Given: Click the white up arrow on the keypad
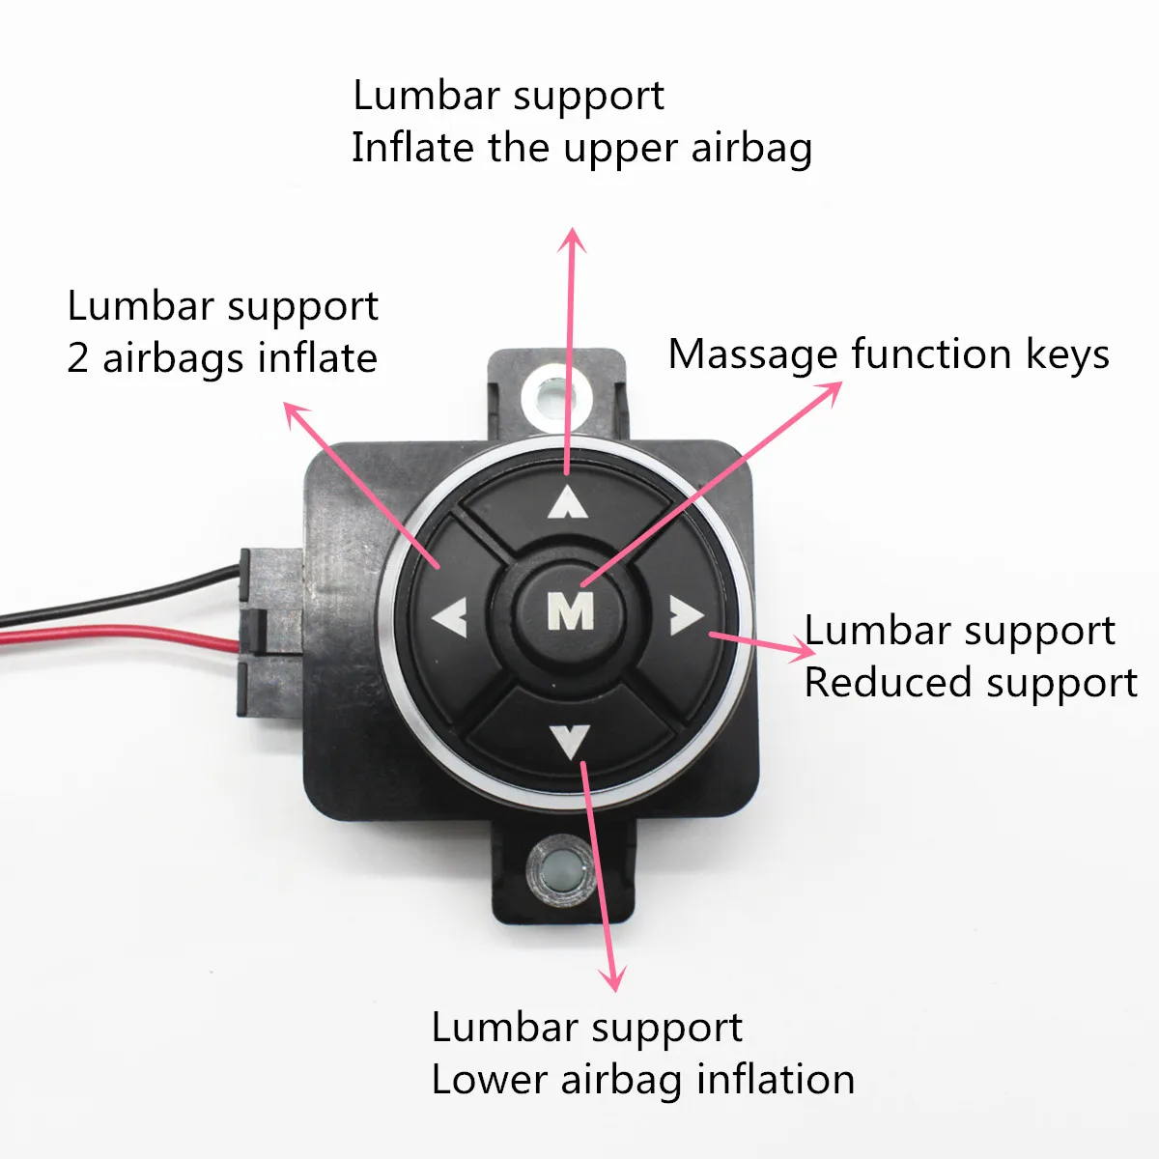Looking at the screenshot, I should coord(568,502).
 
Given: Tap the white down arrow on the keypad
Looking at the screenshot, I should coord(570,741).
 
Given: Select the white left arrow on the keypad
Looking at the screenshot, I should coord(450,616).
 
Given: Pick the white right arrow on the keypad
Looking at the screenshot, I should coord(686,615).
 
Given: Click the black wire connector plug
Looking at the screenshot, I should coord(270,628).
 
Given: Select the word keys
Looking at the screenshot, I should coord(1066,355).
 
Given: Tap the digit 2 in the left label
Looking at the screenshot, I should coord(78,358).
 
